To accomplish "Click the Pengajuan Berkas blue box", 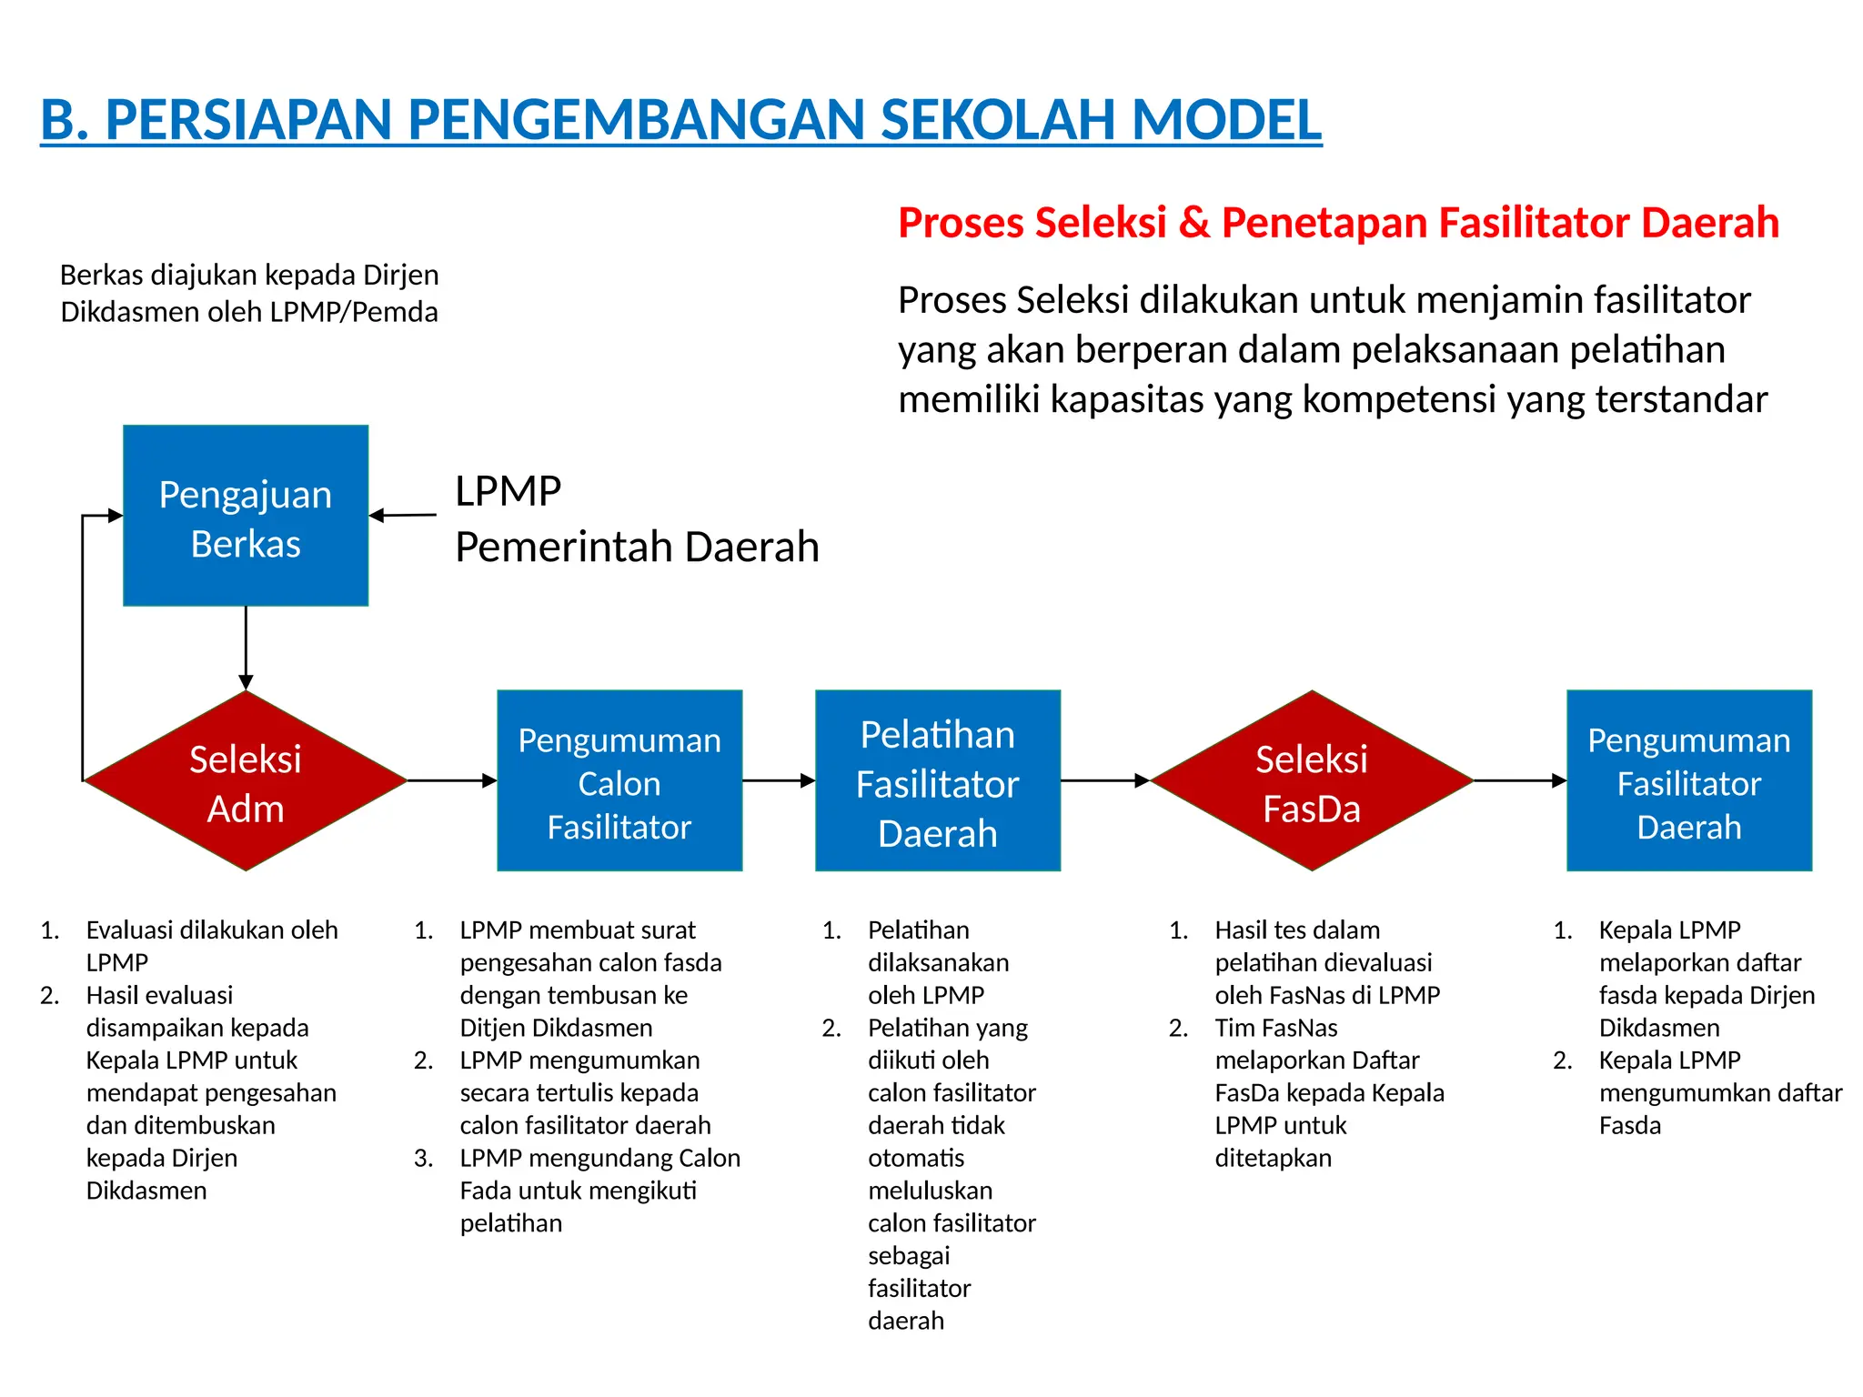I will point(246,516).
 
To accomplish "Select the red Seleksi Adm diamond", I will point(246,781).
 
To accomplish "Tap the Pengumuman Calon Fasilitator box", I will point(619,781).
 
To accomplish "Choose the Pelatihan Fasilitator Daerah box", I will point(938,781).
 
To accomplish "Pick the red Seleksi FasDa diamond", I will point(1311,781).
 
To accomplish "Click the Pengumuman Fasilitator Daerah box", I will point(1689,781).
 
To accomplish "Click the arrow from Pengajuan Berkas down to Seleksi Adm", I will point(246,648).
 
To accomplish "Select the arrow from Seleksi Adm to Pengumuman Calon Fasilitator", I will point(451,780).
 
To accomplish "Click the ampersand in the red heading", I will point(1193,223).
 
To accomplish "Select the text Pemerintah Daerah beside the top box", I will point(637,548).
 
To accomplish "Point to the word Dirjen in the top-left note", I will point(400,275).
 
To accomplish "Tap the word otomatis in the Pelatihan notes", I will point(916,1159).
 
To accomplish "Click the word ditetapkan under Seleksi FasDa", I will point(1273,1159).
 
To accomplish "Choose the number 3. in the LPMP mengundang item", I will point(424,1159).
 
